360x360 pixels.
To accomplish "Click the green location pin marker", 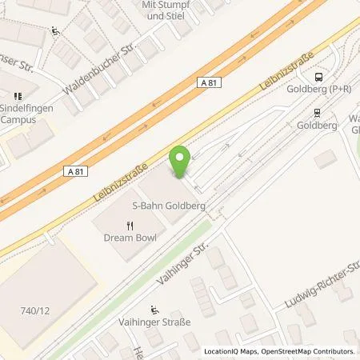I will coord(180,162).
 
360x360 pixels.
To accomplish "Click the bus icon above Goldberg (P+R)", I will coord(320,77).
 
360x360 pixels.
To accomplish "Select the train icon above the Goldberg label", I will coord(318,113).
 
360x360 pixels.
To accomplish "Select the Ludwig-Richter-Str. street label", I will coord(323,282).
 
